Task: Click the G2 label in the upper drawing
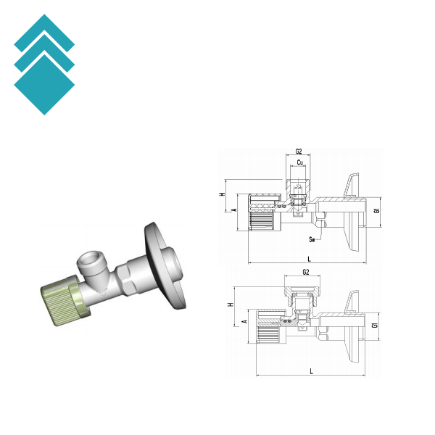(298, 152)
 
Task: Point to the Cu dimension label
(299, 162)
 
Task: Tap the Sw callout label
(312, 239)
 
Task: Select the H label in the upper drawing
(223, 194)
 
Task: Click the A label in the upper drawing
(234, 210)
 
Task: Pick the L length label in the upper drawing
(310, 259)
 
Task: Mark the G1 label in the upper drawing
(376, 211)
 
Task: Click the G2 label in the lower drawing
(305, 272)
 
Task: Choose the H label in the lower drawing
(231, 304)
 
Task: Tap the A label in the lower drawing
(245, 321)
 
